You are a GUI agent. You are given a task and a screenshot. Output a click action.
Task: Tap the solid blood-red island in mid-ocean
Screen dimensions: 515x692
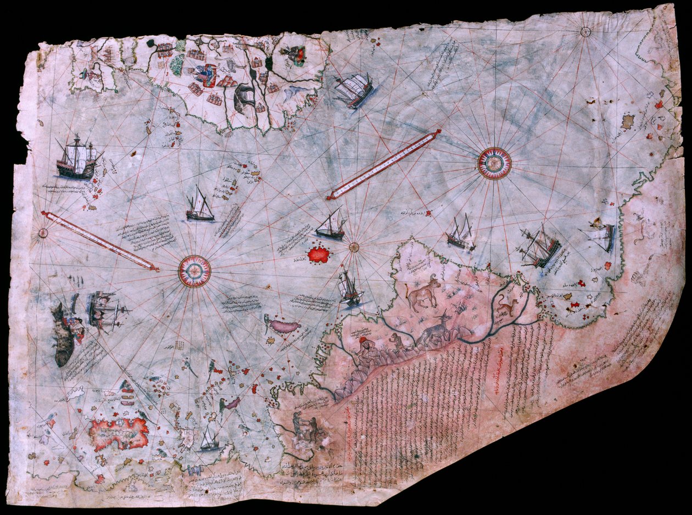(x=318, y=254)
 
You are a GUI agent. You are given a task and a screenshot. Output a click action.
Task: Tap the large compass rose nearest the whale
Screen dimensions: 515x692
(x=194, y=271)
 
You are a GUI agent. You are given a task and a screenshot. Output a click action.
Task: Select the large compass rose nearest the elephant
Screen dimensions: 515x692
(x=494, y=163)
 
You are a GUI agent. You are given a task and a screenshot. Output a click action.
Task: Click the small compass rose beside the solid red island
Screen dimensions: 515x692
(x=354, y=247)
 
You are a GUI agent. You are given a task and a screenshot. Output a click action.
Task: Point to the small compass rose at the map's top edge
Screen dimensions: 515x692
(x=585, y=32)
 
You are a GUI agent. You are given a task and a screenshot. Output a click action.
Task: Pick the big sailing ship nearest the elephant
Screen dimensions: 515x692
(x=354, y=89)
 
